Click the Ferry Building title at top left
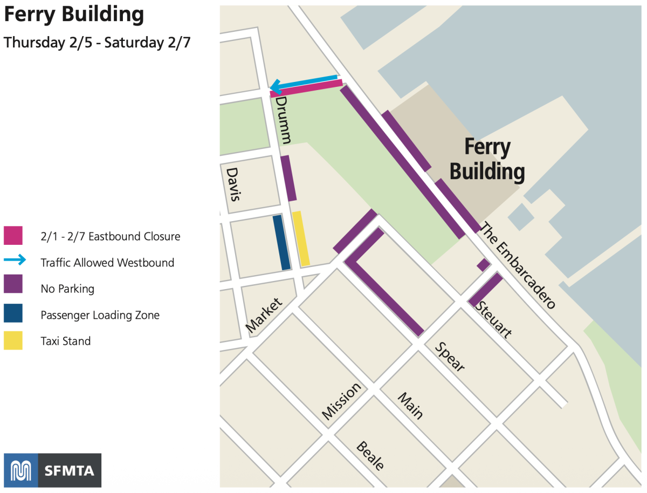(74, 15)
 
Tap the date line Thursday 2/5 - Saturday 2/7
(97, 43)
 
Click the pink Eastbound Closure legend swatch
(13, 236)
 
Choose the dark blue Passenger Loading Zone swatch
(13, 314)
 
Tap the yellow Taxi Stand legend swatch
(13, 340)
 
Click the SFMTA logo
(52, 470)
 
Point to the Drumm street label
(284, 120)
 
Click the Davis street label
(233, 184)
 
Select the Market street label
(264, 316)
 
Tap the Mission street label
(341, 401)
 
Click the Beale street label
(370, 456)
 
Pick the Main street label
(410, 406)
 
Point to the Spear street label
(450, 357)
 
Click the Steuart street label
(493, 319)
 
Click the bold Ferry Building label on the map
(487, 160)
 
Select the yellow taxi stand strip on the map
(301, 238)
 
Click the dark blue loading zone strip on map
(281, 242)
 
